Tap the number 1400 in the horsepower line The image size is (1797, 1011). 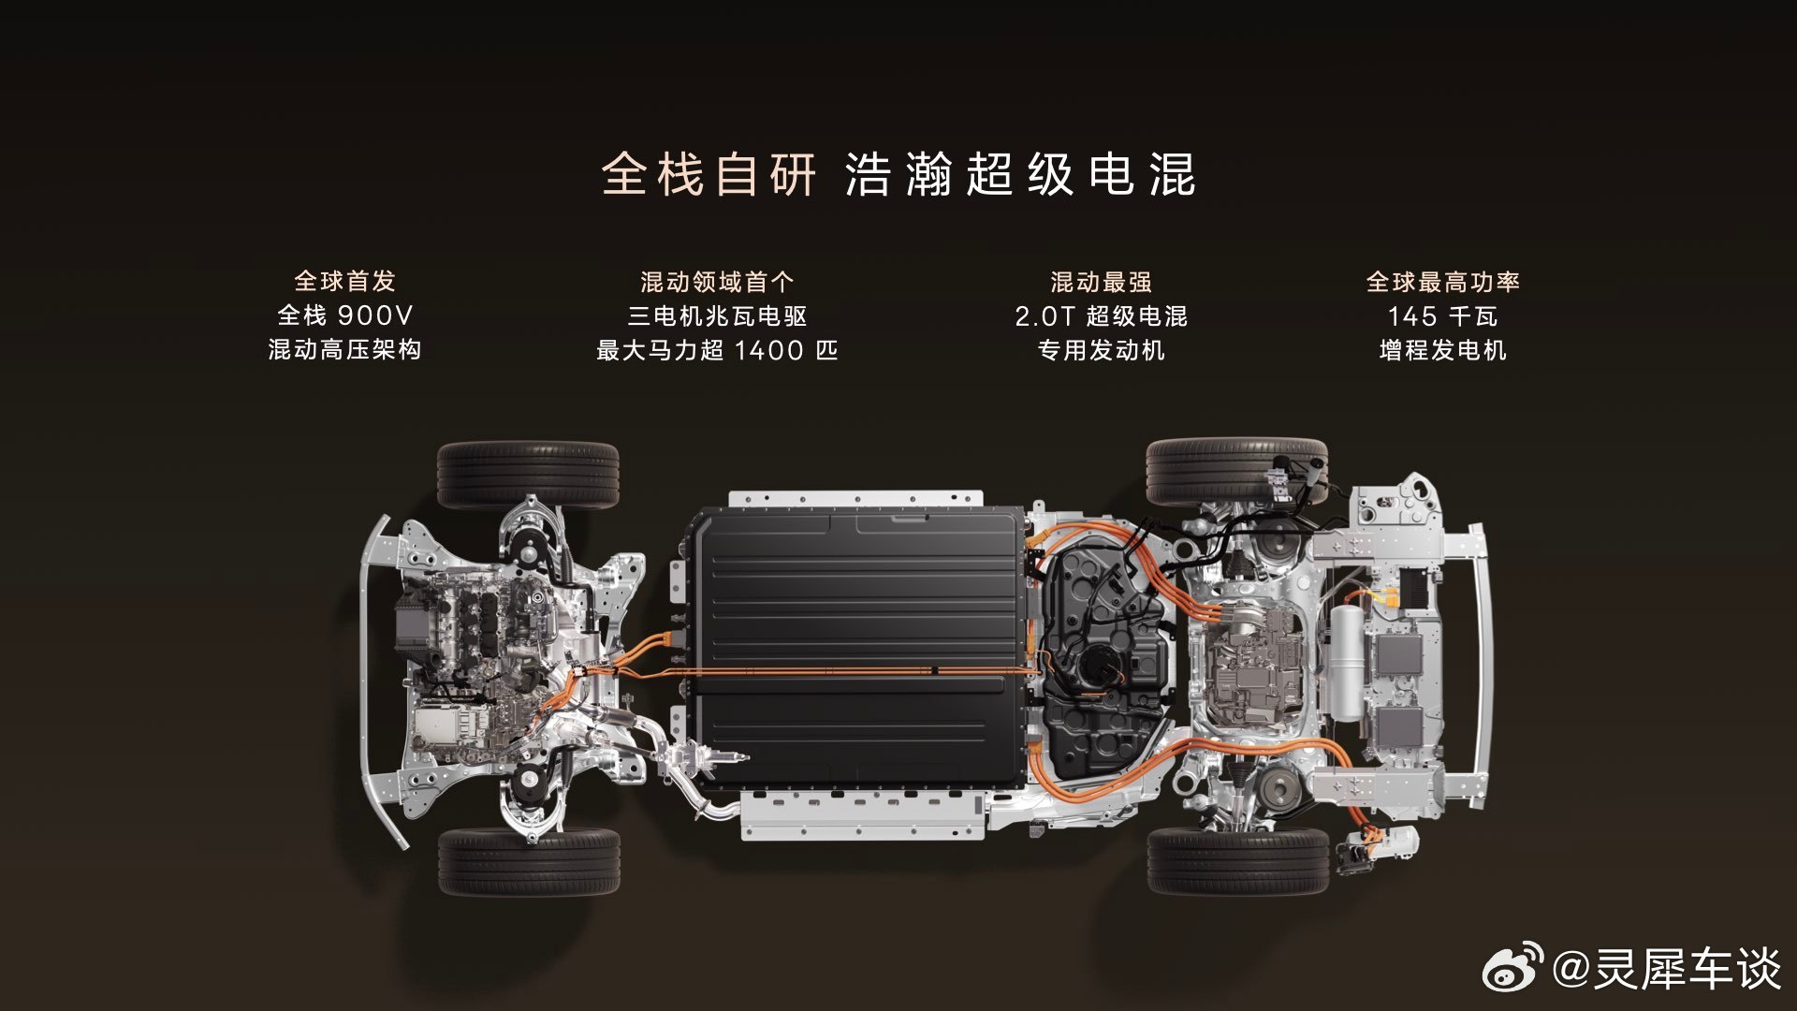[x=769, y=350]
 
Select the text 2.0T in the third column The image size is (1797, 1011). [x=1045, y=316]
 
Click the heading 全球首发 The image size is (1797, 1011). [x=344, y=281]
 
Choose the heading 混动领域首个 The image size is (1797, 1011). [x=717, y=282]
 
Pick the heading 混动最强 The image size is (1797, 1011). [x=1101, y=282]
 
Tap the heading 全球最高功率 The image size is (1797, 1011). [x=1442, y=282]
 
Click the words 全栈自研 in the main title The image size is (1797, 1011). [x=709, y=174]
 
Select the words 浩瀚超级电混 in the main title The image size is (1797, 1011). [x=1020, y=174]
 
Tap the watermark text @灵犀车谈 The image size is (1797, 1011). [x=1667, y=968]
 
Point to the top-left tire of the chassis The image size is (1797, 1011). [x=528, y=475]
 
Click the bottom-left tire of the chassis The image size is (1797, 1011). [x=529, y=861]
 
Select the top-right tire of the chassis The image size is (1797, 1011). [x=1236, y=471]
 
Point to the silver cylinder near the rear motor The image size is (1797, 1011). [x=1347, y=663]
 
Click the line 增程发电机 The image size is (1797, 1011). [x=1442, y=350]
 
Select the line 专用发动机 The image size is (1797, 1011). [x=1101, y=350]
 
